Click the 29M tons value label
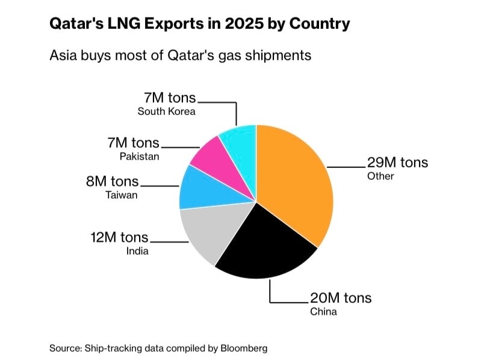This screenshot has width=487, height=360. [x=397, y=163]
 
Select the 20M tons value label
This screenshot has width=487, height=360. [x=341, y=298]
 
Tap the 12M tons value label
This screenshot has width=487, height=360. [x=120, y=237]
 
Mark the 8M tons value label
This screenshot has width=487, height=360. [x=113, y=181]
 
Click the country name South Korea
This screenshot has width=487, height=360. [x=167, y=111]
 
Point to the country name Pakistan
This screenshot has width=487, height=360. [x=140, y=157]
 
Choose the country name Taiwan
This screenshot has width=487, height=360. [x=122, y=195]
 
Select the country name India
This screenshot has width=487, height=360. [x=137, y=251]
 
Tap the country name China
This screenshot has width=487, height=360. [x=323, y=312]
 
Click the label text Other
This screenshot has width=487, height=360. [x=380, y=176]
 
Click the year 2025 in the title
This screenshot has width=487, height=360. [x=244, y=24]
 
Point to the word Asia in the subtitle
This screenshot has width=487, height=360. [x=63, y=55]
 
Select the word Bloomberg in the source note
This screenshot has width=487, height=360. [x=244, y=348]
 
